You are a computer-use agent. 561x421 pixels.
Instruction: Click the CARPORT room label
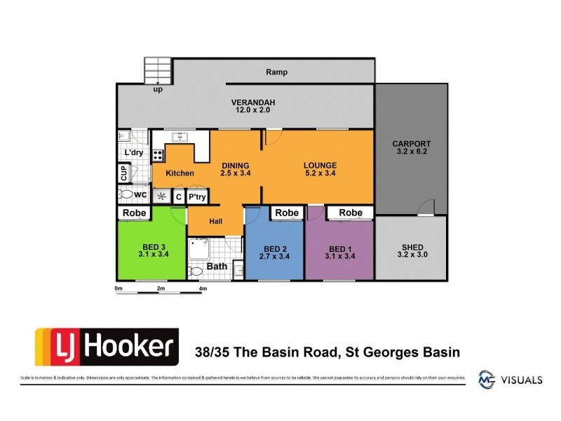[411, 144]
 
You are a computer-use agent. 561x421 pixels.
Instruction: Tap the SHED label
[411, 248]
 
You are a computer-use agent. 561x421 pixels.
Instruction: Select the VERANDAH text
[253, 103]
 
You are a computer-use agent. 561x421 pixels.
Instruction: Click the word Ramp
[277, 72]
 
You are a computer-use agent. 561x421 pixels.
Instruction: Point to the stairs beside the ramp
[158, 70]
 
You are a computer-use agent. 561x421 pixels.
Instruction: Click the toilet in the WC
[126, 194]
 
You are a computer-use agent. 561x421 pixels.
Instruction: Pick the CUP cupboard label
[124, 171]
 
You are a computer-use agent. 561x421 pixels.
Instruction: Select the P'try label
[197, 197]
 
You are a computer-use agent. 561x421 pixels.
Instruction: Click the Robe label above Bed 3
[134, 213]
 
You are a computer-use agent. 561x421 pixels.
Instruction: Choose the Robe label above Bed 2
[286, 213]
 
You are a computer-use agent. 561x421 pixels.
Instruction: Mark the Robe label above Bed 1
[350, 213]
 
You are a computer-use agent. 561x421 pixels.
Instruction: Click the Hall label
[215, 221]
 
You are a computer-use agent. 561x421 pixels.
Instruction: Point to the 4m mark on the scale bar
[203, 288]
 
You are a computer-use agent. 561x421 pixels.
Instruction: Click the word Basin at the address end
[440, 352]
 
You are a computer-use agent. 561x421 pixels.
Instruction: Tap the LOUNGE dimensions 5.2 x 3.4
[320, 173]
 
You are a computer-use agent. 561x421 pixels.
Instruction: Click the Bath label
[217, 267]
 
